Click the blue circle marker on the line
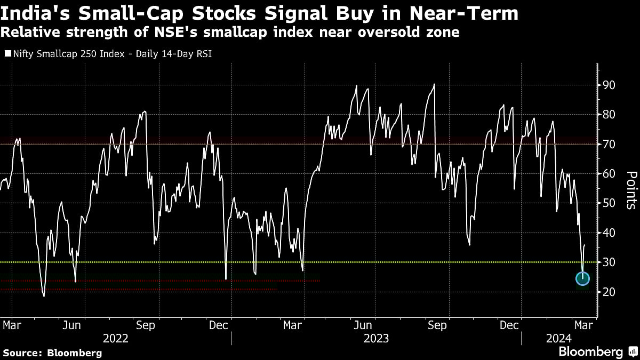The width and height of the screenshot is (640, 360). tap(582, 278)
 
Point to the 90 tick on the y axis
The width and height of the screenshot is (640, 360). tap(609, 85)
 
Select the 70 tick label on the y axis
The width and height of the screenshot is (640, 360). tap(609, 145)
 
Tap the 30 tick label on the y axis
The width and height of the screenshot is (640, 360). tap(609, 262)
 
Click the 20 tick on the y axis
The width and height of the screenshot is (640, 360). tap(609, 292)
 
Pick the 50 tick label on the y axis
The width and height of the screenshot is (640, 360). tap(609, 203)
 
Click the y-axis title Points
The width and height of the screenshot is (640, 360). tap(630, 189)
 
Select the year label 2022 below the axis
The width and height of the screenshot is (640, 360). tap(116, 338)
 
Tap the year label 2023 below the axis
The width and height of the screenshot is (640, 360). tap(376, 338)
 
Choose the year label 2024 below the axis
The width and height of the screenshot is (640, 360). tap(558, 338)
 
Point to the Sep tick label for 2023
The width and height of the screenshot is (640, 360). tap(437, 325)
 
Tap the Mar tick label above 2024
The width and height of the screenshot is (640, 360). tap(582, 325)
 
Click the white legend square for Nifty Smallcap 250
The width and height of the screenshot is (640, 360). tap(7, 54)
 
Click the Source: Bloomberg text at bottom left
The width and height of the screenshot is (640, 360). tap(52, 353)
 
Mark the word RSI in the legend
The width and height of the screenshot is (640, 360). tap(203, 54)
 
